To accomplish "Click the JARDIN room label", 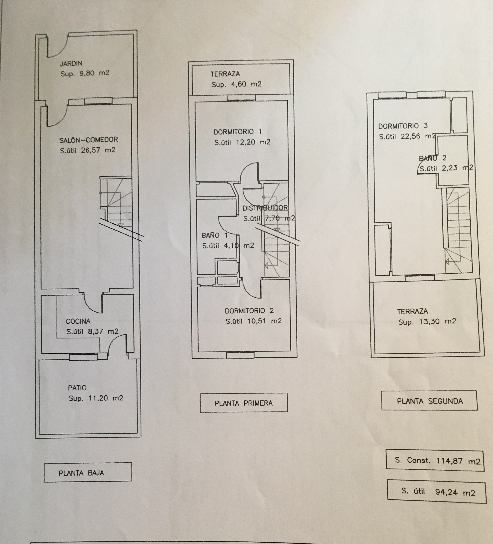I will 71,64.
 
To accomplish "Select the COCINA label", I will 78,321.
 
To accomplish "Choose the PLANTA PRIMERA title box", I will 243,403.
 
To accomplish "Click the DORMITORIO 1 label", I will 237,132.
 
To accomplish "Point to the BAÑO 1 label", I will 214,236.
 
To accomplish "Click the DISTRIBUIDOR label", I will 265,208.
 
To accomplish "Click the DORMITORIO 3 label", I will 403,126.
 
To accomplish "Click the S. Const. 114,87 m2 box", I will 435,461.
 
